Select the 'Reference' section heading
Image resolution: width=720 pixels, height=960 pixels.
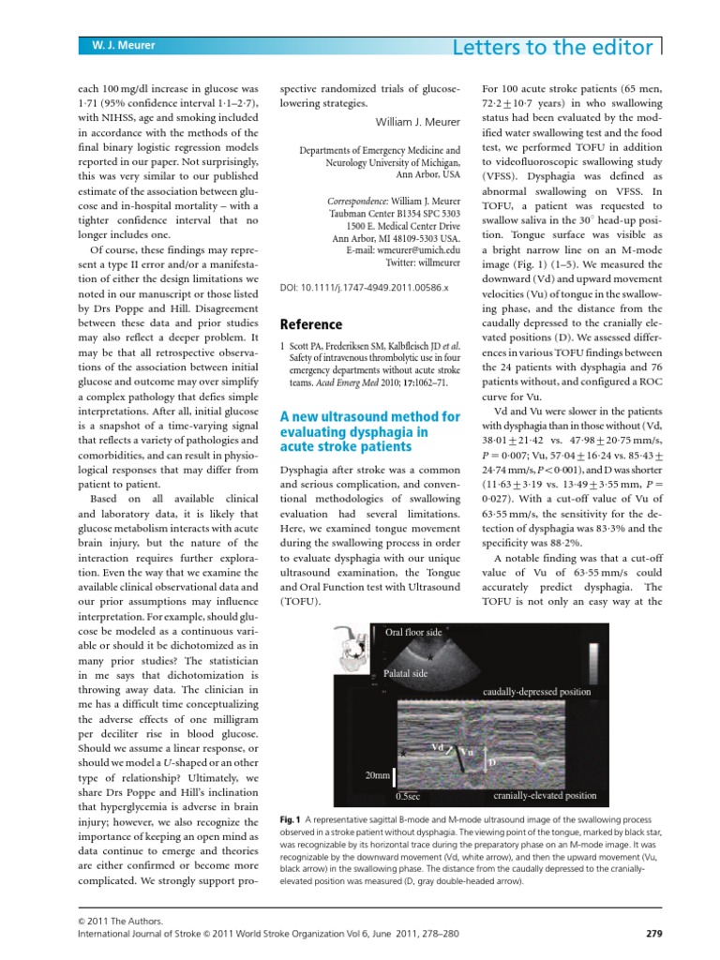click(x=312, y=324)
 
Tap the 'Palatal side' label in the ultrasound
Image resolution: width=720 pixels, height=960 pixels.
click(x=407, y=673)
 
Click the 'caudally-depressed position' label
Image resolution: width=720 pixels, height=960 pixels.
click(x=536, y=692)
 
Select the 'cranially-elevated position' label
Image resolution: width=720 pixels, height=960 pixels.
click(x=545, y=796)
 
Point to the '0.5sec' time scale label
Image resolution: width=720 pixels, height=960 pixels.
click(x=407, y=796)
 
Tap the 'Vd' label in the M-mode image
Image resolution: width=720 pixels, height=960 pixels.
click(x=437, y=746)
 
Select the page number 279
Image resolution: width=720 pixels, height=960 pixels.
click(x=655, y=933)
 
